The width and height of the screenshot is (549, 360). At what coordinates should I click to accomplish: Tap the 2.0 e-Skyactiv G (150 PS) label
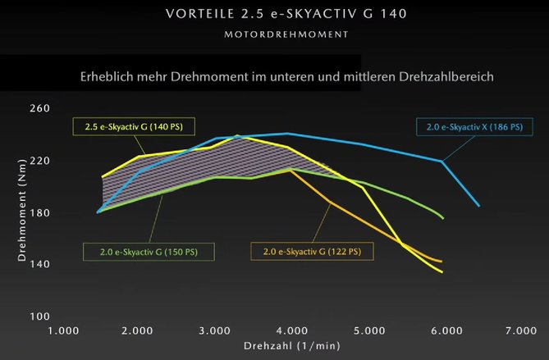[149, 249]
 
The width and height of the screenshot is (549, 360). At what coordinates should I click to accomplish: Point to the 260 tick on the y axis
[39, 109]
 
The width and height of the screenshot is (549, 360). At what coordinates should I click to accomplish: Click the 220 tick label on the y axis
[39, 161]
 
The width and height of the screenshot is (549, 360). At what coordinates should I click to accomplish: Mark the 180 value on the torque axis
[39, 213]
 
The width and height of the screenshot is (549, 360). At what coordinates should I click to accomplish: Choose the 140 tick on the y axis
[39, 264]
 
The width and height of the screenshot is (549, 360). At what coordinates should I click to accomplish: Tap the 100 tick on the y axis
[39, 317]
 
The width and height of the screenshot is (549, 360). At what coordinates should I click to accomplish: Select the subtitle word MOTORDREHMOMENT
[274, 35]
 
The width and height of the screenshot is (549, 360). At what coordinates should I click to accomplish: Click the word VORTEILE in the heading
[199, 14]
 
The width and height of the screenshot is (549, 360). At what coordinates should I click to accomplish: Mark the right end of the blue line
[479, 205]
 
